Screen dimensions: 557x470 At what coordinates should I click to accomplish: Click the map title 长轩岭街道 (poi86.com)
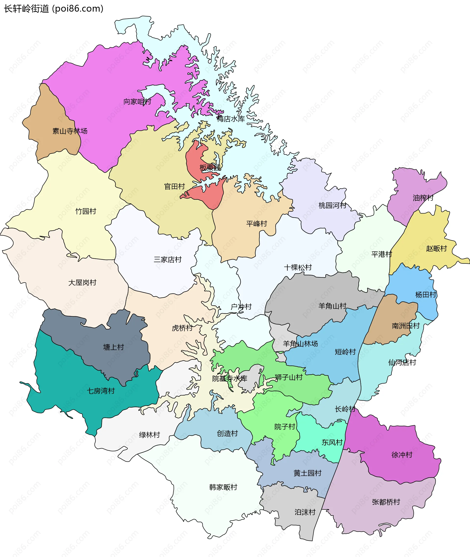[x=54, y=9]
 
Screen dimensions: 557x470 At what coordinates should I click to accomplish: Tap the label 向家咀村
[x=137, y=102]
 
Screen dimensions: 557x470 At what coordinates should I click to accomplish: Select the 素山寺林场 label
[x=70, y=131]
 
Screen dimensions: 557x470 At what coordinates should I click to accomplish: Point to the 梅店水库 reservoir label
[x=231, y=119]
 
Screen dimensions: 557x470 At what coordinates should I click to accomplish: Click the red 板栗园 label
[x=210, y=168]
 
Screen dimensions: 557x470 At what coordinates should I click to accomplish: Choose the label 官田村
[x=175, y=186]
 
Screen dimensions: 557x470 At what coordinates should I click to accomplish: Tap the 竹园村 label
[x=86, y=211]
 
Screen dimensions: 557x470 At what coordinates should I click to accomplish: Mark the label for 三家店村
[x=168, y=260]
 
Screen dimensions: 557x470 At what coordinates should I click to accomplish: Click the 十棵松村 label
[x=298, y=267]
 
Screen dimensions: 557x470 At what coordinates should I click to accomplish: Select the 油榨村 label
[x=423, y=198]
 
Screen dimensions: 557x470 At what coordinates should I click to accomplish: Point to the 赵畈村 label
[x=436, y=249]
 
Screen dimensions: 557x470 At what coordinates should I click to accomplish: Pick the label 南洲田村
[x=406, y=326]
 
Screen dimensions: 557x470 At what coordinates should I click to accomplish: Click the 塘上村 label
[x=114, y=347]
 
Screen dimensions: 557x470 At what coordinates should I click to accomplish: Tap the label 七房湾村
[x=101, y=391]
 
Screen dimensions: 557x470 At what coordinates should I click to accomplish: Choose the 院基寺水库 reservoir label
[x=230, y=379]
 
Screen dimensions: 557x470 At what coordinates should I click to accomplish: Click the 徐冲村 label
[x=402, y=455]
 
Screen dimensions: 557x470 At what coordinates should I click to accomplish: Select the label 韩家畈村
[x=223, y=487]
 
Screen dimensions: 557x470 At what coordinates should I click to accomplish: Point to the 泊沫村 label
[x=305, y=512]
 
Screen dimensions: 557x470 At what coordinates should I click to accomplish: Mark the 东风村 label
[x=332, y=443]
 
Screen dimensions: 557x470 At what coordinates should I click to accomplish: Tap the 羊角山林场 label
[x=301, y=344]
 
